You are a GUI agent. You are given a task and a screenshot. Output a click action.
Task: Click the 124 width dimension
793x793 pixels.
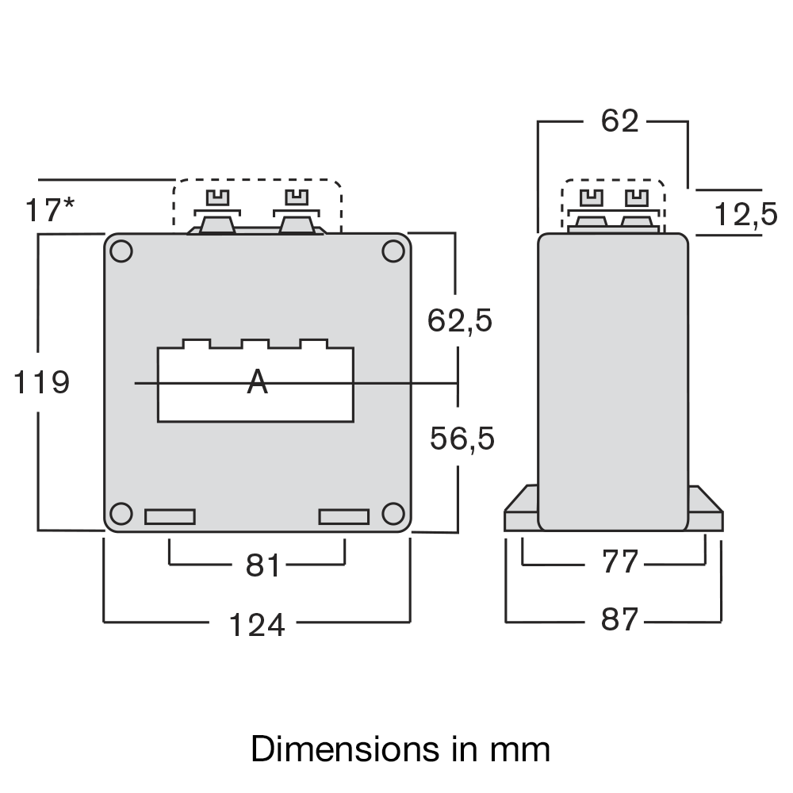(256, 625)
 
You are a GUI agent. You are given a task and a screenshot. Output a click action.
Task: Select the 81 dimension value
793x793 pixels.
(263, 566)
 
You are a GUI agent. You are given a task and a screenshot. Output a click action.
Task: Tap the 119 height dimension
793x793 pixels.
(42, 383)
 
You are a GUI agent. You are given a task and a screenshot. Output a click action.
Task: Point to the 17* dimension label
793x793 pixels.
(49, 211)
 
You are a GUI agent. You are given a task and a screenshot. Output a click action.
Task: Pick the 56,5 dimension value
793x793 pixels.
(462, 439)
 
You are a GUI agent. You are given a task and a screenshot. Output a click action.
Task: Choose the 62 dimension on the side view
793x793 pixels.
(619, 121)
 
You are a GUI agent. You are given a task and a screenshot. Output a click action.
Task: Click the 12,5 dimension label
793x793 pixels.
(745, 214)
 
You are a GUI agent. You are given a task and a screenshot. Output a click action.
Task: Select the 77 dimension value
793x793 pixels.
(619, 561)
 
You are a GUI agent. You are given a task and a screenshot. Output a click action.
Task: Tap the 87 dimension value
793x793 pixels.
(619, 620)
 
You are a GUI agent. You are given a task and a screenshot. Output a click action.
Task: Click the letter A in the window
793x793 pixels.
(257, 382)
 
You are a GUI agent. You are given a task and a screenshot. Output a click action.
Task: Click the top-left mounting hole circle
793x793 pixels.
(121, 251)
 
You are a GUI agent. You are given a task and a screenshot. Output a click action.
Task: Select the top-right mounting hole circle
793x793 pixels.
(393, 251)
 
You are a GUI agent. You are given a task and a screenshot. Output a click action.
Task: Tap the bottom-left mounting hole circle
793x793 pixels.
(121, 514)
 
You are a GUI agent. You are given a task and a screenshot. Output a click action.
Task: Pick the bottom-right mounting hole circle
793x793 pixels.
(393, 514)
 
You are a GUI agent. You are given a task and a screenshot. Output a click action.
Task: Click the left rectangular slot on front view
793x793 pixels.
(170, 517)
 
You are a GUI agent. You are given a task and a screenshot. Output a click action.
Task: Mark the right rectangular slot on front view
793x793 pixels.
(343, 517)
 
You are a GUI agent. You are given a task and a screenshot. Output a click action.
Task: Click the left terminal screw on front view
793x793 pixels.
(216, 197)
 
